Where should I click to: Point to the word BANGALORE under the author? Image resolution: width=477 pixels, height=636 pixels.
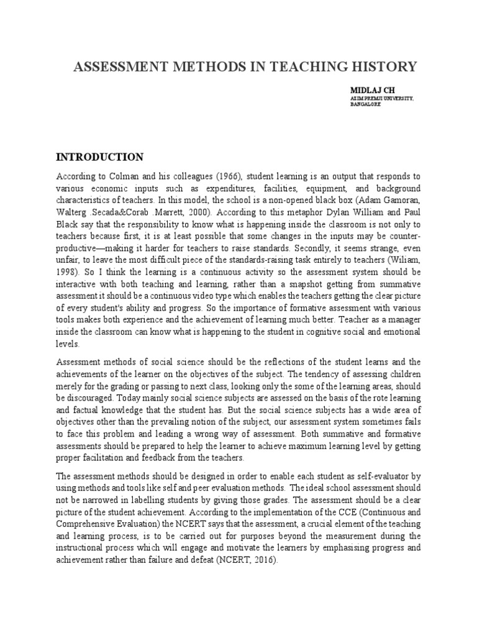366,104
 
